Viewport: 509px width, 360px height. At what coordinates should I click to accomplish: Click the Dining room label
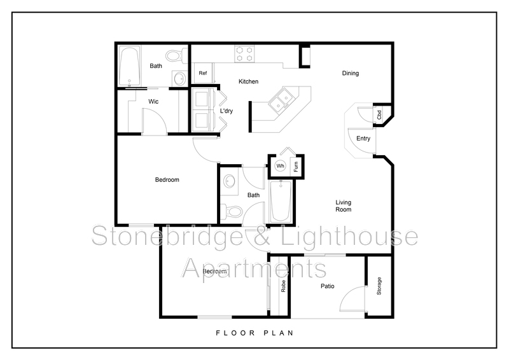coord(351,73)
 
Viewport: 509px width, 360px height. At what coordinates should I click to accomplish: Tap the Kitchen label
coord(248,81)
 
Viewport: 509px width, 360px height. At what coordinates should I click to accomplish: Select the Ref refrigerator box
coord(203,73)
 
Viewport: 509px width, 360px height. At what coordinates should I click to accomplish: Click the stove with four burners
coord(243,53)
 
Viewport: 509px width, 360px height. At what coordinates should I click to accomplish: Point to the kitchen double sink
coord(279,100)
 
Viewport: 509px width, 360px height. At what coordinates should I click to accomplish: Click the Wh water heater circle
coord(280,166)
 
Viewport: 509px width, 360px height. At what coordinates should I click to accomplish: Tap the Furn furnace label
coord(296,167)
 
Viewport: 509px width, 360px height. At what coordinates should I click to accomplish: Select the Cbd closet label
coord(379,116)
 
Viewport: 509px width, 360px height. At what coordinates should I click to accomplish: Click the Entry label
coord(363,139)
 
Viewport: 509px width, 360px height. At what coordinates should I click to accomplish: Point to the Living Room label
coord(344,206)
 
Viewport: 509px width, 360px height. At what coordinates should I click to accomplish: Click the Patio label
coord(328,286)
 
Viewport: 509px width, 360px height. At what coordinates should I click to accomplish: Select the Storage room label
coord(379,286)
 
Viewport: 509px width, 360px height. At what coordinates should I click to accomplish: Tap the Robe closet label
coord(283,286)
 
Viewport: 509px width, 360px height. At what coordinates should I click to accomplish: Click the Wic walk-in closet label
coord(153,101)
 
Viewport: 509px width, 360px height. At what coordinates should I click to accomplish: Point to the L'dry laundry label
coord(226,112)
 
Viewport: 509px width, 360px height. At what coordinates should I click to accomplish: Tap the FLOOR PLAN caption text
coord(254,333)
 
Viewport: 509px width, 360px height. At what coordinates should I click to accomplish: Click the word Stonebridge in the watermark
coord(167,237)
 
